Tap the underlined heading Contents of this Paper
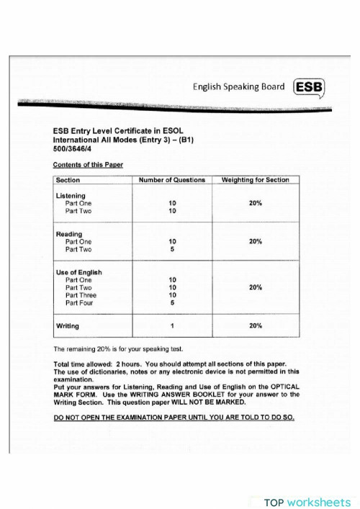coord(88,164)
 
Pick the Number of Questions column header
coord(172,180)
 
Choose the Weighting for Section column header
coord(255,180)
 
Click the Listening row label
coord(71,196)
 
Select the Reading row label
coord(69,234)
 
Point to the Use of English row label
coord(78,272)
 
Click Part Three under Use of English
coord(81,295)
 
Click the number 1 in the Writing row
coord(173,326)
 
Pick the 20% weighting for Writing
coord(255,326)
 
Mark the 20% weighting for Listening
coord(255,204)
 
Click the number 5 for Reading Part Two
coord(173,250)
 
